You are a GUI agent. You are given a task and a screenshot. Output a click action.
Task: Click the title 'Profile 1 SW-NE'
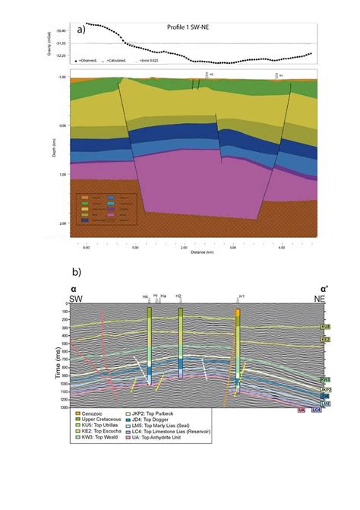pyautogui.click(x=189, y=28)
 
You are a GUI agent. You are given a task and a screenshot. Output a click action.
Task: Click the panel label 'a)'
pyautogui.click(x=81, y=30)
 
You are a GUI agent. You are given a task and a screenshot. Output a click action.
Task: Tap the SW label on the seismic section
pyautogui.click(x=76, y=299)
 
